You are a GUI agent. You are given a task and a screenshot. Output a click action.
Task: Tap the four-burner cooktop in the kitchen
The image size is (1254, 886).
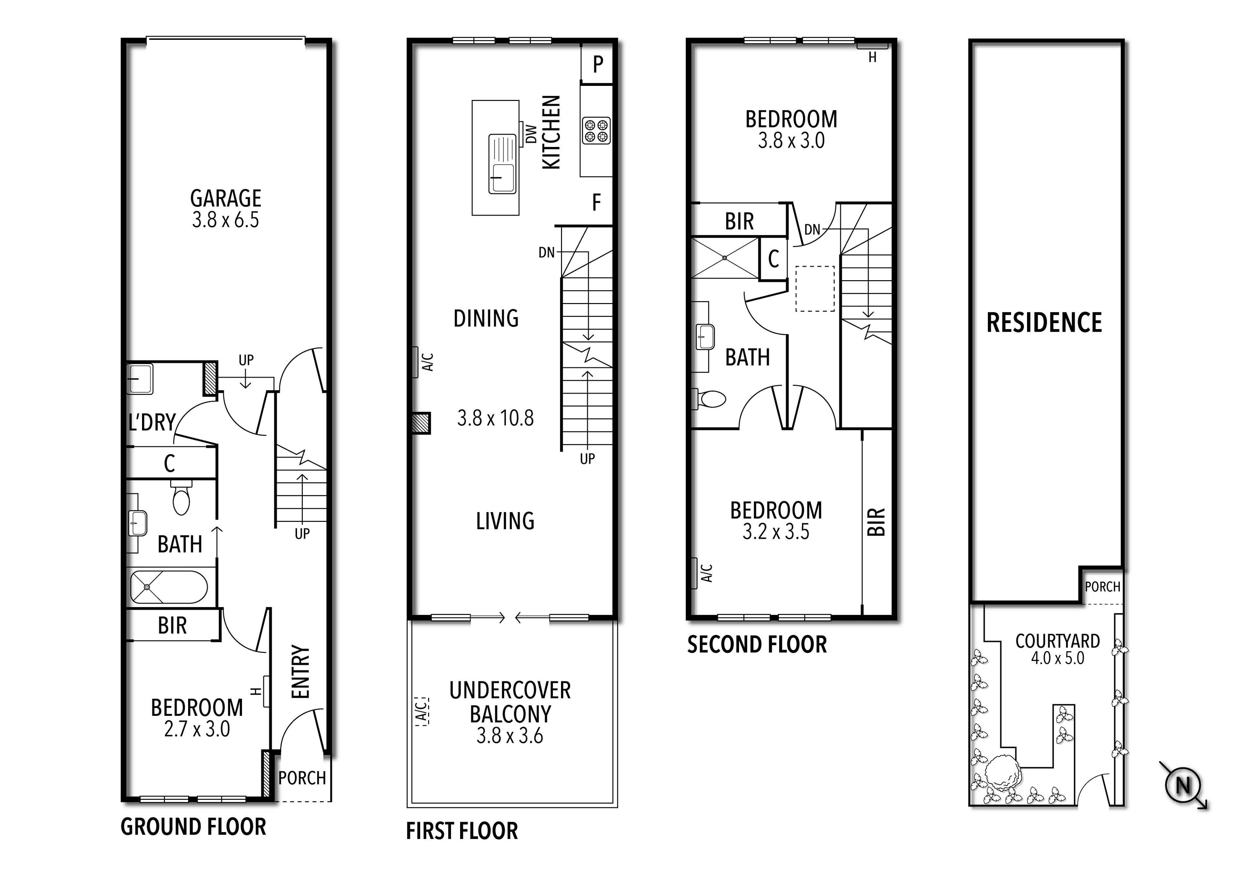click(x=596, y=131)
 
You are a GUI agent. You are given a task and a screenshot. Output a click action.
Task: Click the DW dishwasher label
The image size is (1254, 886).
click(x=530, y=134)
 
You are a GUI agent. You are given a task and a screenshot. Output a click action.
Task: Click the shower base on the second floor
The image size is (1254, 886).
click(x=725, y=258)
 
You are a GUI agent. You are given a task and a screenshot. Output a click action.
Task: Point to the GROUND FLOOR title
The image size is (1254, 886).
click(x=193, y=827)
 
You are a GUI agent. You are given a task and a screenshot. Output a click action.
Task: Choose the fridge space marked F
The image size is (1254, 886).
click(x=596, y=203)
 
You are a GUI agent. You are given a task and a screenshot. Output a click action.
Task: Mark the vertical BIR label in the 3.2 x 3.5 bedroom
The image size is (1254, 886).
click(x=876, y=521)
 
